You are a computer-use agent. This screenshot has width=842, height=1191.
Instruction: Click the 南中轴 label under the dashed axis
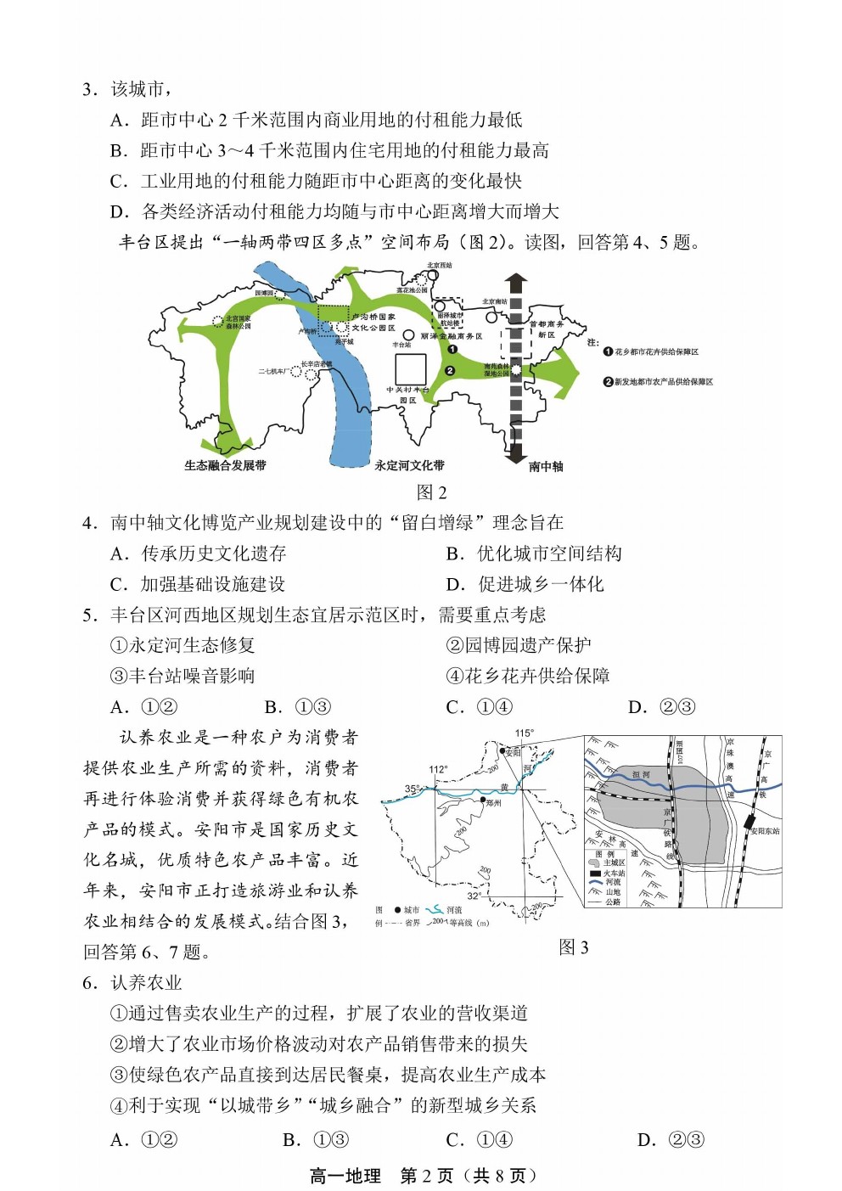545,466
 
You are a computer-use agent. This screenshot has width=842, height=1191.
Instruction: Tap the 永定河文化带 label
409,465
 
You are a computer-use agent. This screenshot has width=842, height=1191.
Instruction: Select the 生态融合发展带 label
225,465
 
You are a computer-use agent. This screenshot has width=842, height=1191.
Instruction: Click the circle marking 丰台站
408,336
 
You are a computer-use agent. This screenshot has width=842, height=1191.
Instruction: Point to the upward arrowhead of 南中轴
515,281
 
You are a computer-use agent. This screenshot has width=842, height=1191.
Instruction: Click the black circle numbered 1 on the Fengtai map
452,349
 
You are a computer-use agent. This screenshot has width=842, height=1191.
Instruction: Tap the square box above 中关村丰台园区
410,368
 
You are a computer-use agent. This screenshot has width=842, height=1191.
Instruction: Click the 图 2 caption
431,492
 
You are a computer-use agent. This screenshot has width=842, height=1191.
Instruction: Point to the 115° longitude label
524,733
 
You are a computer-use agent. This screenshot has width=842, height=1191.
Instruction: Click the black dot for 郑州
482,800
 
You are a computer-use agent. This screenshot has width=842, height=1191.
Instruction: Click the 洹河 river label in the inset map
641,775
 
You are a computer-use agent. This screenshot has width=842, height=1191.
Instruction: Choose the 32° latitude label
474,896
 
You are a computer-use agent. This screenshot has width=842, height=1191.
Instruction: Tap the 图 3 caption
574,947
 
